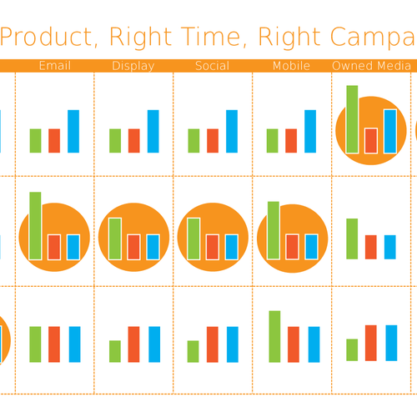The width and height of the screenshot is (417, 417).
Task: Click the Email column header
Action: (x=55, y=66)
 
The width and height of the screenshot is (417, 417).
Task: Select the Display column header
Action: (x=133, y=66)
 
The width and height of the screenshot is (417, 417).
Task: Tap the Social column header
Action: (x=213, y=66)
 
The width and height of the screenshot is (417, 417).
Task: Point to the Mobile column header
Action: (x=291, y=66)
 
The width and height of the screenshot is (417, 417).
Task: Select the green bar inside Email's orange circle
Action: (x=35, y=226)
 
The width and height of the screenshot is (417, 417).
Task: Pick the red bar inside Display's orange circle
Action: (x=133, y=247)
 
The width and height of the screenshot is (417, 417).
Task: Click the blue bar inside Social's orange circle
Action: (x=232, y=247)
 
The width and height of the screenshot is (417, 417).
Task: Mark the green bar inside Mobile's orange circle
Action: (x=273, y=231)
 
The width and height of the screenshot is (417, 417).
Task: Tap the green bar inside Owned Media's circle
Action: (x=352, y=119)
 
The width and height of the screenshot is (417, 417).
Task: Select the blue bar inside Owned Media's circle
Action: (x=389, y=131)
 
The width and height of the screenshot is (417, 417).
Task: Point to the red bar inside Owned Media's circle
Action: (x=371, y=140)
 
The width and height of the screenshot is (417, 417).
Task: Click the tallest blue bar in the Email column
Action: (x=73, y=131)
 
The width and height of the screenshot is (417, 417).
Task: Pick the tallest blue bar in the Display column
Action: (x=153, y=131)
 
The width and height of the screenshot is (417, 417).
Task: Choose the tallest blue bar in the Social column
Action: (x=232, y=131)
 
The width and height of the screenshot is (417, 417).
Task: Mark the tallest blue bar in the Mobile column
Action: (x=310, y=131)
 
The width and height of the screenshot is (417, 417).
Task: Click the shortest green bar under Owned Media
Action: (x=352, y=349)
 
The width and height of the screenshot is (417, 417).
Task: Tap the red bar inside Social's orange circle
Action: (x=213, y=247)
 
